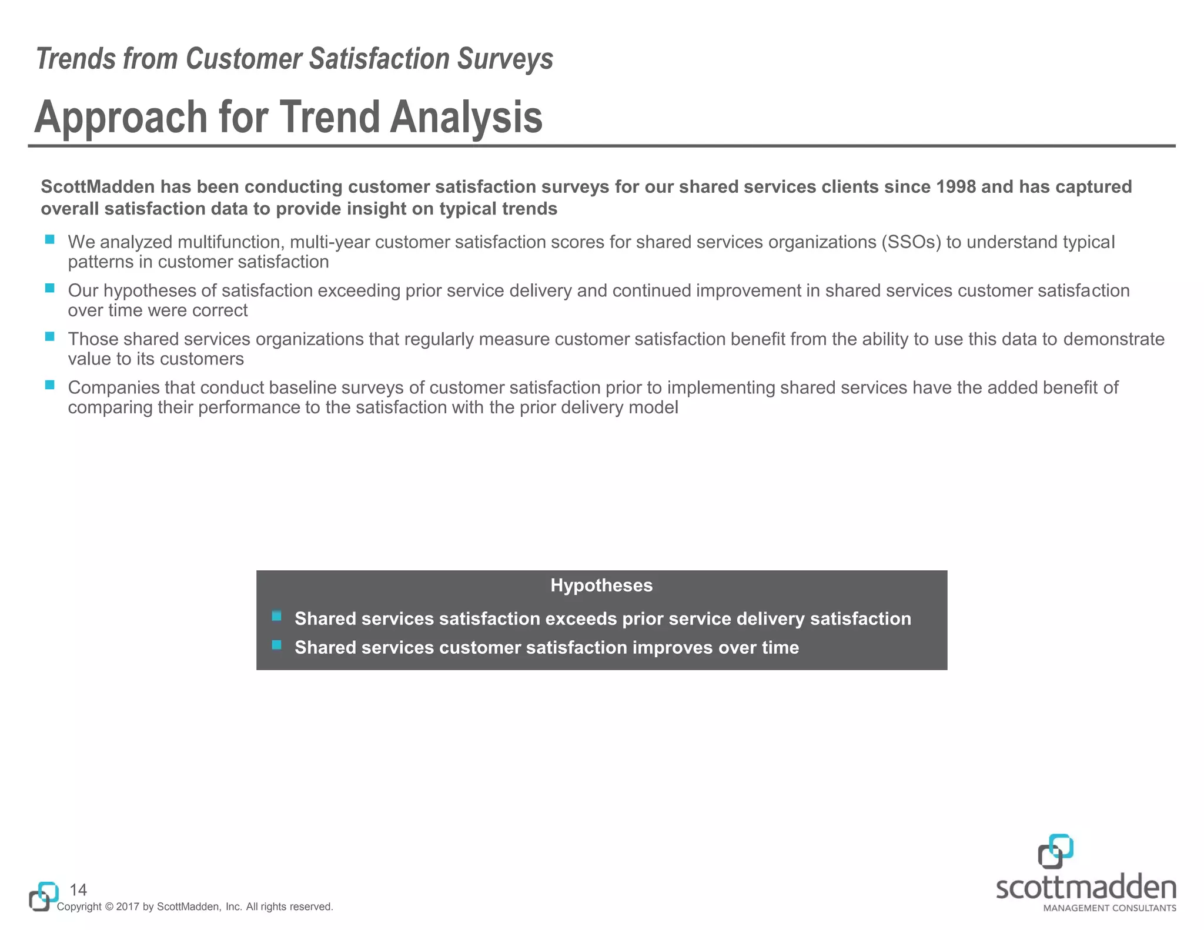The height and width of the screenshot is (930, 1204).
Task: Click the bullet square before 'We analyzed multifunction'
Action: (50, 240)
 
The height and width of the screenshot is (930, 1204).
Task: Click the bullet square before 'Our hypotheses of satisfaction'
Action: (50, 288)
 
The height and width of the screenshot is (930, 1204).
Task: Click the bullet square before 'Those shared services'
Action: (50, 337)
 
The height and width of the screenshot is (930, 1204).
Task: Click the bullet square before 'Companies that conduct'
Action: (50, 385)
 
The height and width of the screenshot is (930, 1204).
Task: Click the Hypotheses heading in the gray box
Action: (601, 586)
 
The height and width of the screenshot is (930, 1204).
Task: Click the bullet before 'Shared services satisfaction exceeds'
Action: (276, 616)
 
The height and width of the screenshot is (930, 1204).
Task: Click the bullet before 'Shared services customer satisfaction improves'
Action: (276, 645)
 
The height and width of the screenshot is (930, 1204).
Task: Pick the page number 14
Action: (78, 889)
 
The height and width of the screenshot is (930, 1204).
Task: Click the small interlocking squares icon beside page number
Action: (43, 896)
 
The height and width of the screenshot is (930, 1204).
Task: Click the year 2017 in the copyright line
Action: (128, 907)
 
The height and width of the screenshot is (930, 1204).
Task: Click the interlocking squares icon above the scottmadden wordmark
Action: (1055, 851)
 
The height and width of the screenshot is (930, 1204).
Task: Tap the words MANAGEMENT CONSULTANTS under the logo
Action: (1109, 908)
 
